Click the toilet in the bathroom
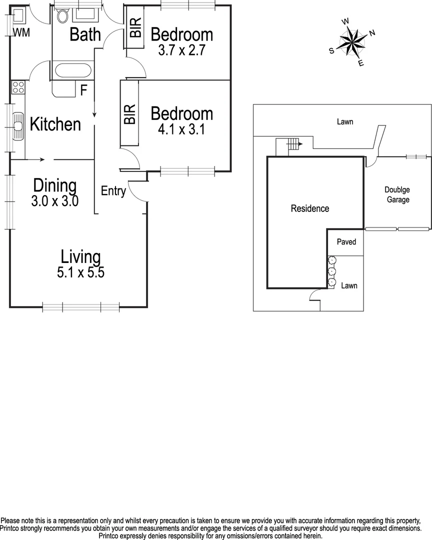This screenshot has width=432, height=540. point(62,16)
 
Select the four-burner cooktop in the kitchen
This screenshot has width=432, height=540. point(18,88)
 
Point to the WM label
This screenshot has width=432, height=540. point(21,33)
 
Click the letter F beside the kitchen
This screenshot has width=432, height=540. point(84,90)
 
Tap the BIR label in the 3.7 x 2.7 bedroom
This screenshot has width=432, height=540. point(135,27)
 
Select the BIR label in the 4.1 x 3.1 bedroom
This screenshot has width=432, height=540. point(129,114)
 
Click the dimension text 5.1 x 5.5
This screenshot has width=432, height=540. point(80,273)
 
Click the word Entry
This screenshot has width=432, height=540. point(113,191)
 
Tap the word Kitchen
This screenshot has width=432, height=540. point(55,124)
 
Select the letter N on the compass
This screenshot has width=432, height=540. point(371,33)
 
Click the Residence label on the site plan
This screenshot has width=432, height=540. point(310,208)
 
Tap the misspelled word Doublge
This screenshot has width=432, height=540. point(396,189)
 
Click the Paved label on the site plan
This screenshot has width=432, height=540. point(346,242)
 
